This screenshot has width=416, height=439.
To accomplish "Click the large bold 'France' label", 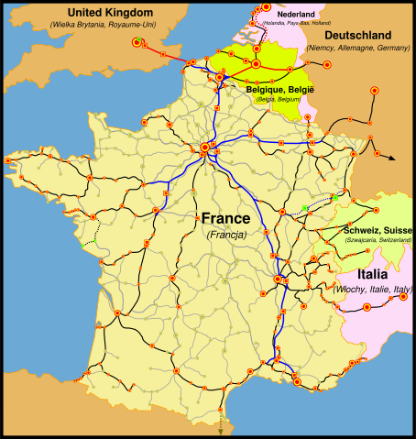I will click(224, 219).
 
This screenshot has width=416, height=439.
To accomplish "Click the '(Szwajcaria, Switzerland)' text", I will click(377, 239).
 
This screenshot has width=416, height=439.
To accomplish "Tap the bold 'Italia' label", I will click(372, 274).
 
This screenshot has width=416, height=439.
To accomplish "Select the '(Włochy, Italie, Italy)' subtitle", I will click(372, 289).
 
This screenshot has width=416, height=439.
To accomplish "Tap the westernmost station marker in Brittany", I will click(8, 160).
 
